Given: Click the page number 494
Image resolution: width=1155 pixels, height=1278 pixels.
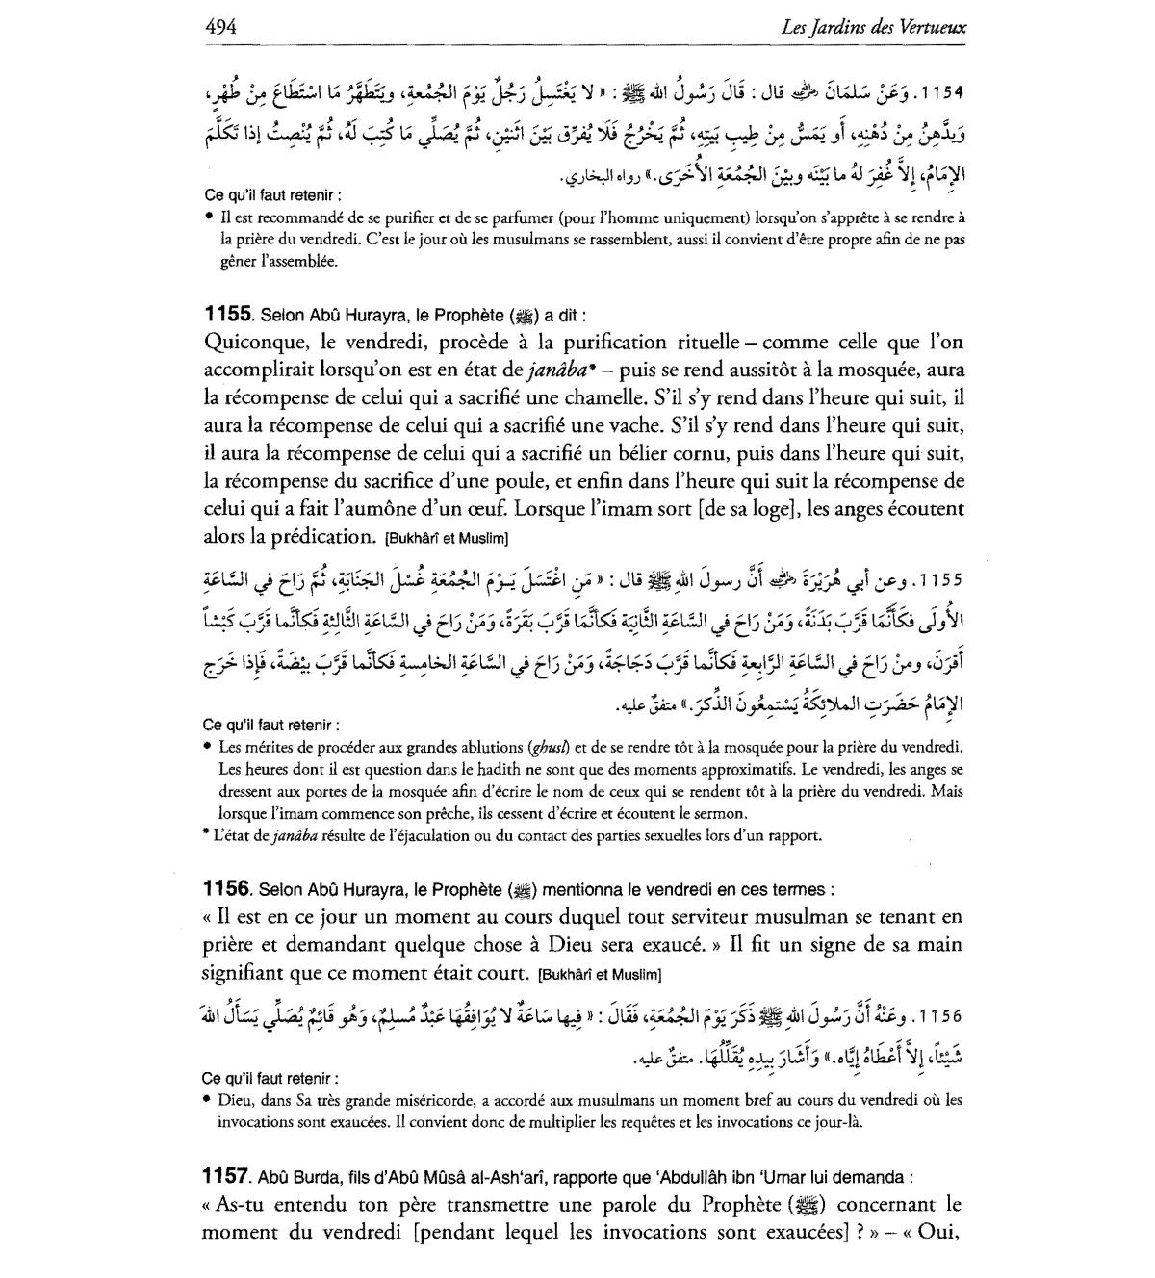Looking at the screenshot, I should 221,25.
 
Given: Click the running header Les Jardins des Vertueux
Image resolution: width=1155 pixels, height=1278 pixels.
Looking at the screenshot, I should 875,26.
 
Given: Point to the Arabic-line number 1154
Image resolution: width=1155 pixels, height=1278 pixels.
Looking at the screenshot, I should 942,93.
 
